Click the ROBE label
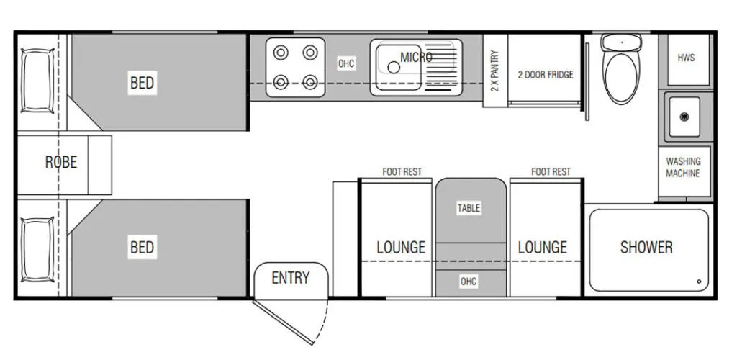point(61,162)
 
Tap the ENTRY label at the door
point(291,278)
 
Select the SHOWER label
point(646,247)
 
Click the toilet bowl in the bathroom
point(621,78)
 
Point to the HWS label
point(686,58)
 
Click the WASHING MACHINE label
point(683,167)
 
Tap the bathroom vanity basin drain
point(684,117)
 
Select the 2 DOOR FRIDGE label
point(546,75)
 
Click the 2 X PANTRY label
point(495,71)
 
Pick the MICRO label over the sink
point(416,58)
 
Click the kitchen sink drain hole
point(394,68)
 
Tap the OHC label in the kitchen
point(346,63)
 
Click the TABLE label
point(469,208)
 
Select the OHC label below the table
point(469,282)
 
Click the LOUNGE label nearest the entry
point(401,247)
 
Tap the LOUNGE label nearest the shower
point(543,247)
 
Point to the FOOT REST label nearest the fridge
point(551,172)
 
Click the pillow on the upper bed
point(37,81)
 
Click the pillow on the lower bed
point(37,250)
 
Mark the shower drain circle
point(699,282)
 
